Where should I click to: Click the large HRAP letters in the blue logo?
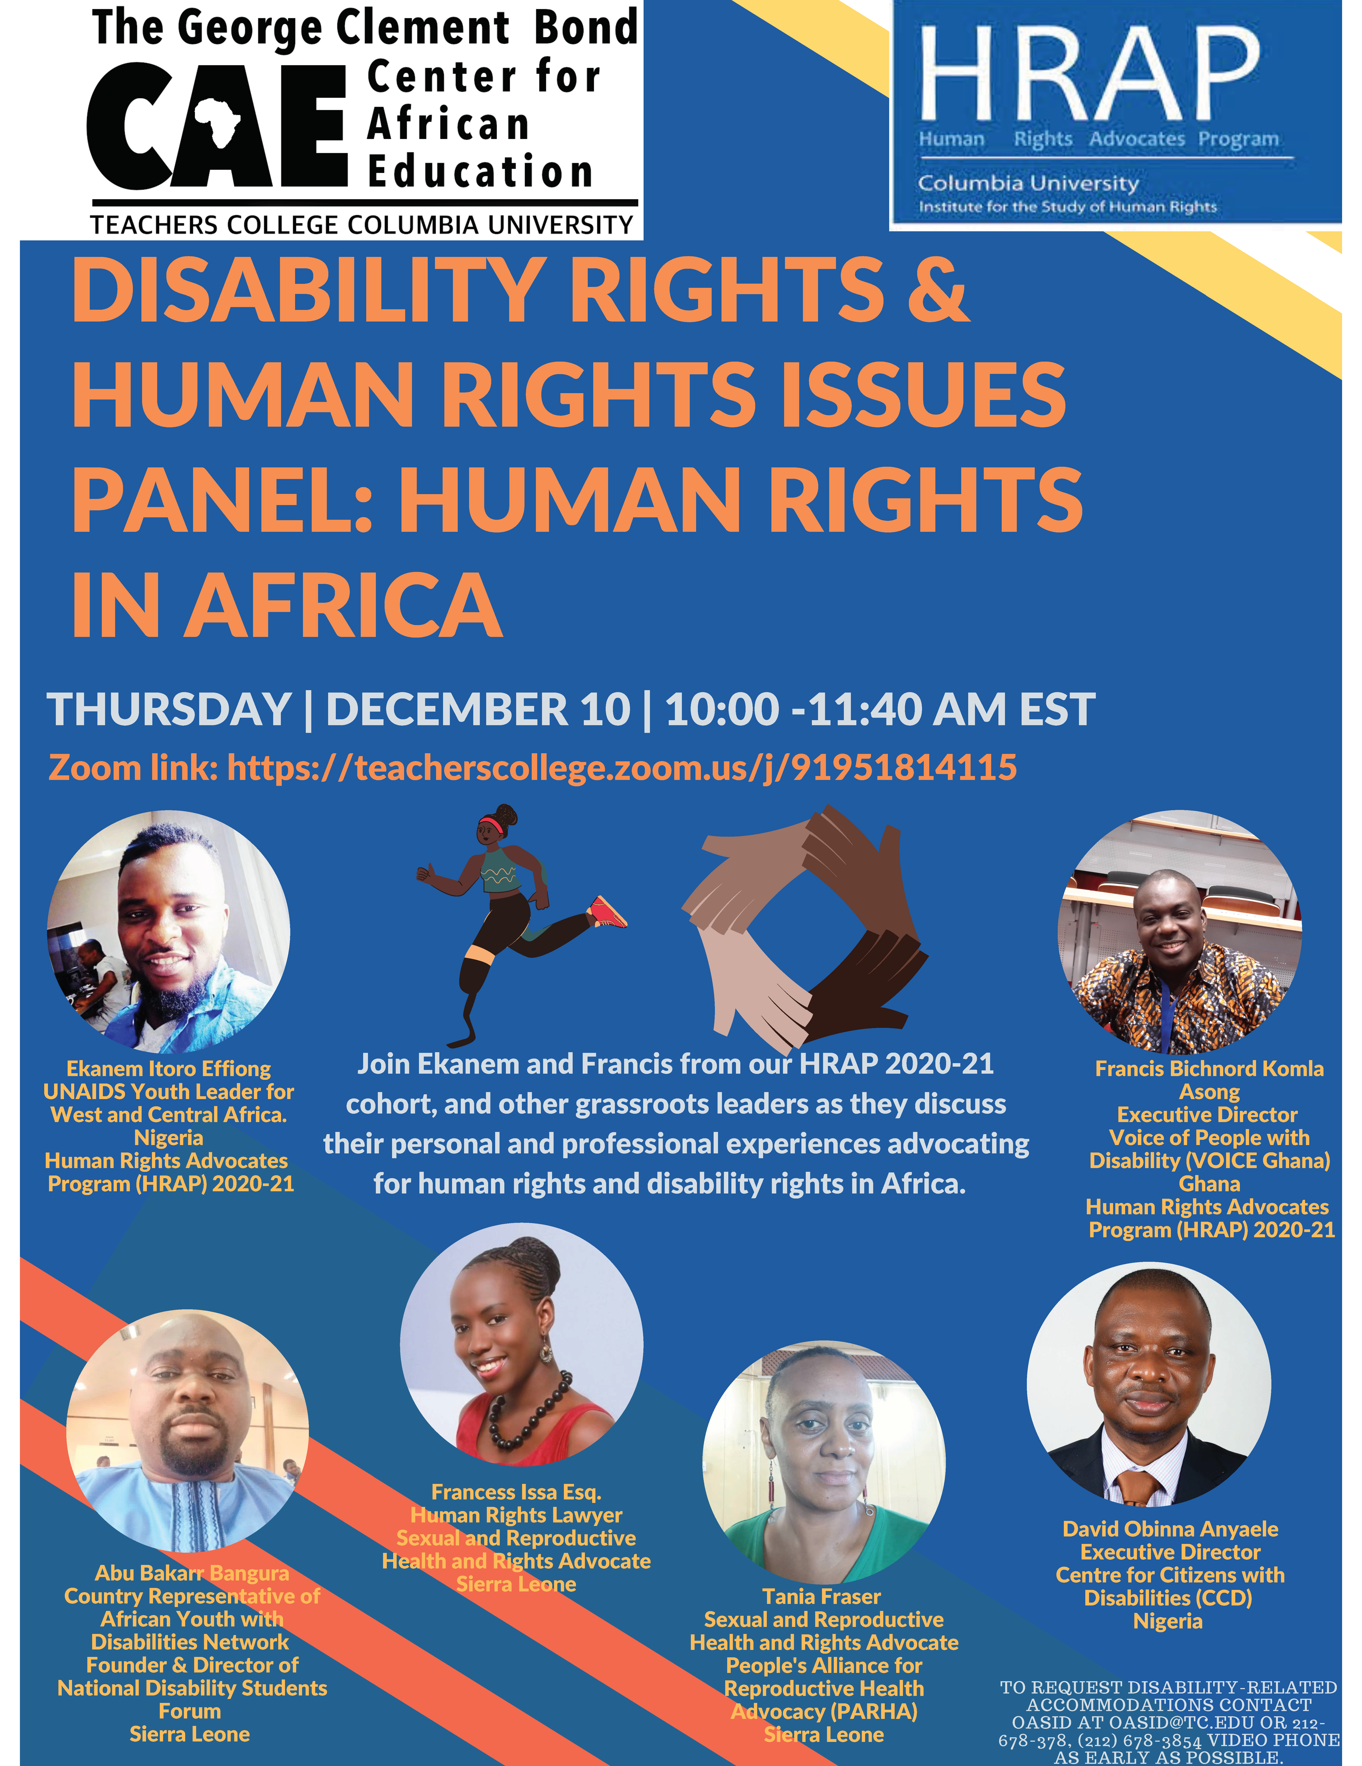1089,73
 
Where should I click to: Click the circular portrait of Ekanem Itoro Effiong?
168,932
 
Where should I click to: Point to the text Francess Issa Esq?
517,1492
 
